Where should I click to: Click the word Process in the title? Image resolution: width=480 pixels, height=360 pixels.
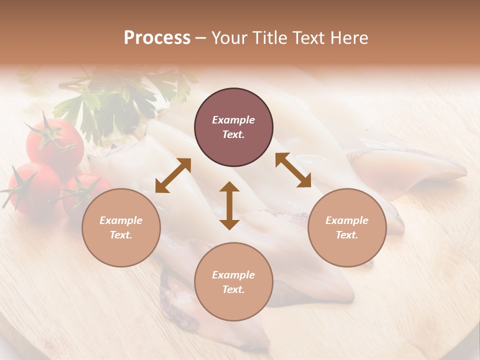(x=157, y=38)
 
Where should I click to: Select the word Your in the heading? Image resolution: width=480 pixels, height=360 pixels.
(x=230, y=38)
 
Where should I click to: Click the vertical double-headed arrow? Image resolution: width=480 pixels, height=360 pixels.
(x=229, y=205)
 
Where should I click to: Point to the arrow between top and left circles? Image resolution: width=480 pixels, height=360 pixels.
(x=173, y=175)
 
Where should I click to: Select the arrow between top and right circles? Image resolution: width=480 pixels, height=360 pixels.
(x=293, y=170)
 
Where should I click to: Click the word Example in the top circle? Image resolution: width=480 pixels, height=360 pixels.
(x=233, y=120)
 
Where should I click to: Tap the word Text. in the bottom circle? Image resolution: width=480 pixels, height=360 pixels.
(x=233, y=289)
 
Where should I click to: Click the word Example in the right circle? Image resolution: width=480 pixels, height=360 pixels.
(x=347, y=220)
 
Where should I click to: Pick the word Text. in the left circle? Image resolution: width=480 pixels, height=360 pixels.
(x=121, y=235)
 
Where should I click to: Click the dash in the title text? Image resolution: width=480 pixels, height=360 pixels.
(x=200, y=38)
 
